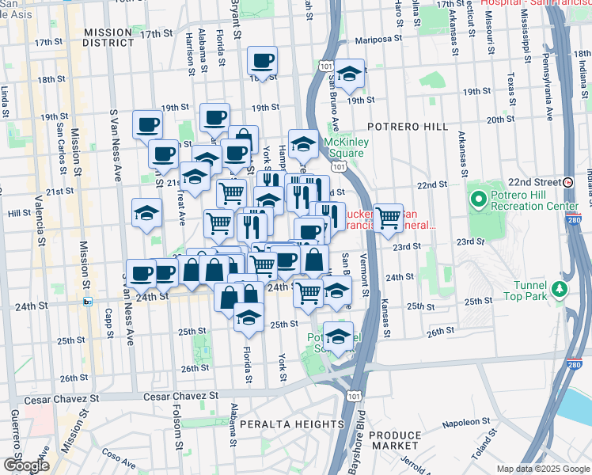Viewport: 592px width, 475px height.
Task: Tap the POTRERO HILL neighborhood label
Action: point(407,127)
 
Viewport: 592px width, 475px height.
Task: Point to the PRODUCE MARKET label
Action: point(395,441)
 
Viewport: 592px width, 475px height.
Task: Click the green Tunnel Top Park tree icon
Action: point(560,289)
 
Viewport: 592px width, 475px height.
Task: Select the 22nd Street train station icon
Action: point(568,181)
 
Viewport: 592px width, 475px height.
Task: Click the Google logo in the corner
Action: point(26,465)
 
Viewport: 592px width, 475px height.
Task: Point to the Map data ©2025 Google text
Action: point(543,469)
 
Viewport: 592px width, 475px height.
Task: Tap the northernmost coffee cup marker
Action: point(263,60)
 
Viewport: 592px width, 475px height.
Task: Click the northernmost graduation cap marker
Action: point(349,74)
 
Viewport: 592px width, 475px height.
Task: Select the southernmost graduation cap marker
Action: point(339,336)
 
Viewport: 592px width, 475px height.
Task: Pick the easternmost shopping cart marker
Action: point(388,217)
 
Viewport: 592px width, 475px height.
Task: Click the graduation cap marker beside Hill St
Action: point(146,213)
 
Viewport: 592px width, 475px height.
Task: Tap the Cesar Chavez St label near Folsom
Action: point(180,395)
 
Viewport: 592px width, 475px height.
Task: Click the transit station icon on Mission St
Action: point(88,301)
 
